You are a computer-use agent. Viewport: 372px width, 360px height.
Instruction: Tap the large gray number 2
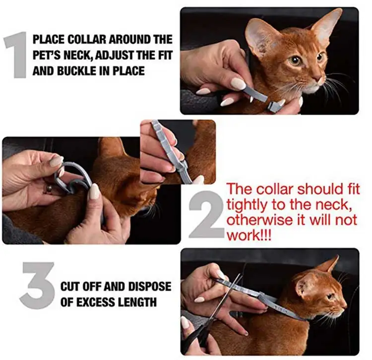[206, 214]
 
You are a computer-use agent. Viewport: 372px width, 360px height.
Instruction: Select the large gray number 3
[37, 286]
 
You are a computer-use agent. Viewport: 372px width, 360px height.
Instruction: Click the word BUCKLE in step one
[77, 71]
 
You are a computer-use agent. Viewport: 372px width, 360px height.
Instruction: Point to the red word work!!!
[249, 235]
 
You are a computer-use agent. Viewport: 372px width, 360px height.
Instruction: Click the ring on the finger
[49, 189]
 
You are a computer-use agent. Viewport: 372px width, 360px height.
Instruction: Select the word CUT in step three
[70, 287]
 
